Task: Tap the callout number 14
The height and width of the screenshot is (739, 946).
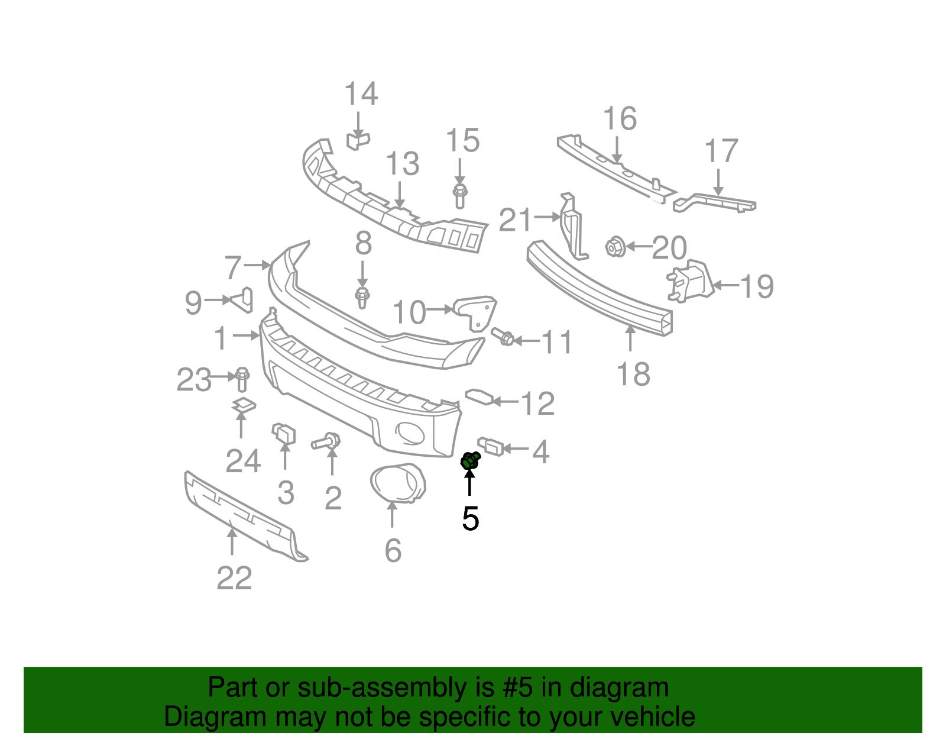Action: point(361,94)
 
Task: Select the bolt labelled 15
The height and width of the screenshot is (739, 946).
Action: point(460,195)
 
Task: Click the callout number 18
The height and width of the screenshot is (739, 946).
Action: point(633,375)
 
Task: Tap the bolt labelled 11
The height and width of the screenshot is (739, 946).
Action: point(504,338)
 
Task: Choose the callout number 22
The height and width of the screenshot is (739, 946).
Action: point(234,578)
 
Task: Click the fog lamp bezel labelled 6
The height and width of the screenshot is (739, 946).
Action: point(397,483)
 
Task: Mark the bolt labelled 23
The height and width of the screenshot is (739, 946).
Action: point(242,379)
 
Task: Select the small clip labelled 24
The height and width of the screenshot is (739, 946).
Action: point(242,405)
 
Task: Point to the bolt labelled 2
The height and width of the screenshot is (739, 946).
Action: point(326,441)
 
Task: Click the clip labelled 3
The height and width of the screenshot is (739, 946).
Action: point(283,433)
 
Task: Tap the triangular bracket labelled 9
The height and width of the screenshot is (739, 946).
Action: point(243,299)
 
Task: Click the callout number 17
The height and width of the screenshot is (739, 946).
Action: point(721,151)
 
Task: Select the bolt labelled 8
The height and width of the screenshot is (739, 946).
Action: point(362,296)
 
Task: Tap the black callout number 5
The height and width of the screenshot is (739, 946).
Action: point(470,519)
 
